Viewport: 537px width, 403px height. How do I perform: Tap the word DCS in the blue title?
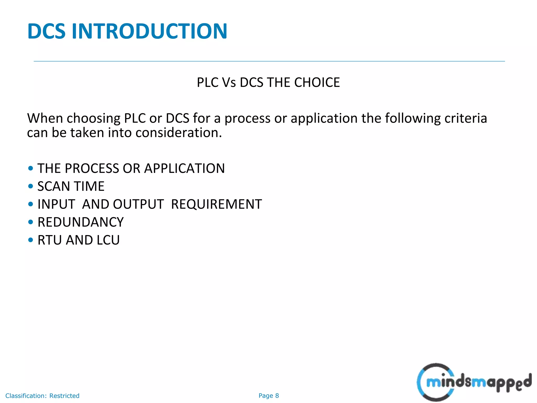coord(46,31)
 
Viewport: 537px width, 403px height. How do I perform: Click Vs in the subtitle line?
coord(229,82)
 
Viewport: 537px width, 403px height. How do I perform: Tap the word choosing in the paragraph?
coord(93,119)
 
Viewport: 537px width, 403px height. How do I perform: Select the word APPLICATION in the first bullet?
coord(184,168)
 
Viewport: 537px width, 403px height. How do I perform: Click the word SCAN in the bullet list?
coord(54,186)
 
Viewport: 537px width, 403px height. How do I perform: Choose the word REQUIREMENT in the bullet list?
coord(216,204)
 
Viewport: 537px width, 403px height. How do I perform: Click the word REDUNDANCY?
coord(80,222)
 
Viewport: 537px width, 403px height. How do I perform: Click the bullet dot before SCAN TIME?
coord(31,186)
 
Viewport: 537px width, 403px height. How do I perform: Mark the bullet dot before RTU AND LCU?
coord(31,240)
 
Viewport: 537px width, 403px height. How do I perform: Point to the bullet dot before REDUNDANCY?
coord(31,222)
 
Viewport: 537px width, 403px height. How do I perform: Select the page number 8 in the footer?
coord(277,396)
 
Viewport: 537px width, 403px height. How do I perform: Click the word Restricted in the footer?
coord(64,396)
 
